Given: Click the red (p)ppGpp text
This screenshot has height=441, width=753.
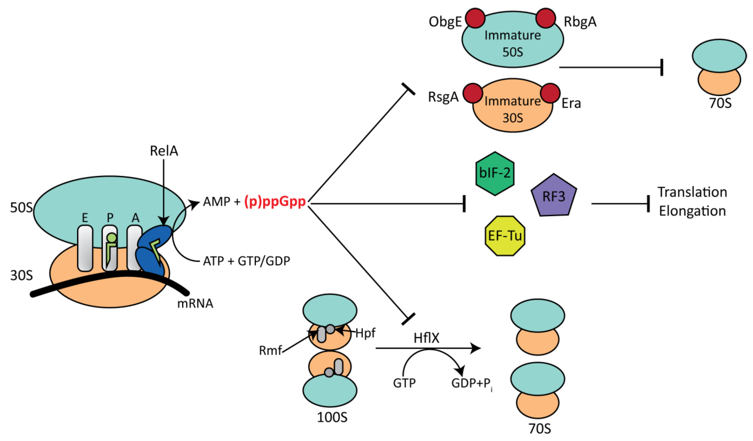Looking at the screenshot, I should [275, 202].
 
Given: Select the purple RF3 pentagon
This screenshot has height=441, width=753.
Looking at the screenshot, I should [554, 196].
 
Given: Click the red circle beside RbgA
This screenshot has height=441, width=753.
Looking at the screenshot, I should [546, 18].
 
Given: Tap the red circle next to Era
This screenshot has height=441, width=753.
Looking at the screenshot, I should [550, 93].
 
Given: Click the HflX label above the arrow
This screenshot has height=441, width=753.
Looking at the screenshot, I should [426, 338].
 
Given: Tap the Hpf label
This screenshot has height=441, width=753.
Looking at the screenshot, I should [365, 333].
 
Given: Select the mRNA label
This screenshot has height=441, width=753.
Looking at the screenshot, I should [195, 304].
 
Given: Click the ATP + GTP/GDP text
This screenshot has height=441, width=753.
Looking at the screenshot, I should [246, 261].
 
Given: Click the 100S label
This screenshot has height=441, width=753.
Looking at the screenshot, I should [332, 417].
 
